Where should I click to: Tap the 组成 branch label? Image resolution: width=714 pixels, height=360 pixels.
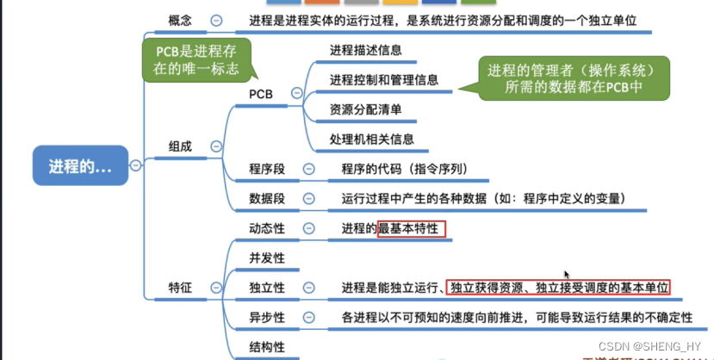click(x=180, y=146)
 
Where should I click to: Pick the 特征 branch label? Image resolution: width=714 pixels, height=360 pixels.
click(x=180, y=286)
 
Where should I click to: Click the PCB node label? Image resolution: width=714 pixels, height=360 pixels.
click(x=261, y=93)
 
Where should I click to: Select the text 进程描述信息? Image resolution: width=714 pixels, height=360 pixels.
click(x=365, y=51)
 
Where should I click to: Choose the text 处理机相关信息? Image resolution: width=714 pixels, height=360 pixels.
click(x=371, y=139)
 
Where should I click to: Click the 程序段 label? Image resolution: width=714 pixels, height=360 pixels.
click(x=267, y=169)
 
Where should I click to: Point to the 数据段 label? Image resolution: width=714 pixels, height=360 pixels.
click(x=267, y=199)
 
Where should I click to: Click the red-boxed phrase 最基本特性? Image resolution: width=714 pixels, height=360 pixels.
click(x=412, y=228)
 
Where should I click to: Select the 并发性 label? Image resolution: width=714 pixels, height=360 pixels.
click(x=267, y=258)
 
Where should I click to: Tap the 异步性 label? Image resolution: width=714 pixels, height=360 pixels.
click(x=267, y=317)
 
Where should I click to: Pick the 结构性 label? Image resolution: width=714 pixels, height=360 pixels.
click(x=267, y=347)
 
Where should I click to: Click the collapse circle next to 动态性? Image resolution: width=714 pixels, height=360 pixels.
click(x=306, y=228)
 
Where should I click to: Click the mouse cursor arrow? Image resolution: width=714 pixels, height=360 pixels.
click(x=566, y=275)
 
